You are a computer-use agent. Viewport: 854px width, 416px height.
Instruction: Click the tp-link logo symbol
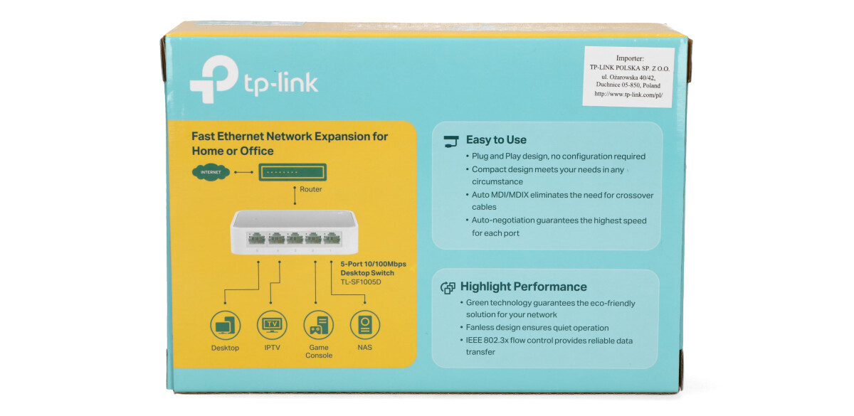click(213, 79)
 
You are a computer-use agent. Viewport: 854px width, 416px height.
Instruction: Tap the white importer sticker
click(628, 77)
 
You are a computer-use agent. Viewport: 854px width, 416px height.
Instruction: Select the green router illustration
click(292, 172)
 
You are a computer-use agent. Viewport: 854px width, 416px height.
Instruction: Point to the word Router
click(310, 190)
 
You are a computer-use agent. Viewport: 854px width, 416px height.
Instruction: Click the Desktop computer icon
click(225, 326)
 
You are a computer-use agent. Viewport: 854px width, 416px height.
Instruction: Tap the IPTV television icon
click(272, 326)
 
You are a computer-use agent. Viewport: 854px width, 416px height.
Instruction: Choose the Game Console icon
click(318, 326)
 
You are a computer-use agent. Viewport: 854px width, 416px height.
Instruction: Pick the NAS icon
click(364, 326)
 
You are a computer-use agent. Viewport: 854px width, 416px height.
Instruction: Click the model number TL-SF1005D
click(362, 282)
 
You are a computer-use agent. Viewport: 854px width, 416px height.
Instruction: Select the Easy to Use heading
click(496, 140)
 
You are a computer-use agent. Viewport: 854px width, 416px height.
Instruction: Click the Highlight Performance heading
click(524, 287)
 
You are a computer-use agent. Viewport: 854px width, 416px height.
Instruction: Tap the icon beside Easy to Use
click(451, 141)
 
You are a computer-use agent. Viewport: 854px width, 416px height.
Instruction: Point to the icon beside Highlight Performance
click(448, 287)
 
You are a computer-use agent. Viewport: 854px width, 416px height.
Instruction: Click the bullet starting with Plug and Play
click(559, 156)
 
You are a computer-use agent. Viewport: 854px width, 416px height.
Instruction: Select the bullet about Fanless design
click(537, 328)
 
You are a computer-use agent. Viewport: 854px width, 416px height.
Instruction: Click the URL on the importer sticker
click(628, 94)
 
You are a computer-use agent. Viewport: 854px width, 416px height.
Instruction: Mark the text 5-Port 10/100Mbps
click(374, 265)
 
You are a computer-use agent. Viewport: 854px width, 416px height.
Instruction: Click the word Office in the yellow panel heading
click(257, 151)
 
